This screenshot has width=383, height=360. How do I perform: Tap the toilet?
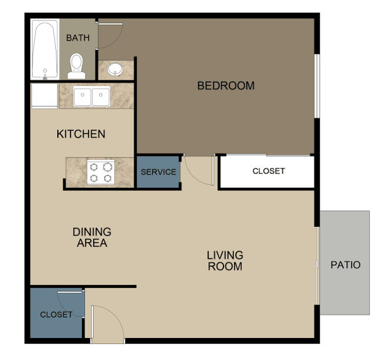coord(77,65)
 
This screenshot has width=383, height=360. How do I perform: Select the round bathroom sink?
coord(115,69)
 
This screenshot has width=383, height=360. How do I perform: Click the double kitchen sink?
coord(92,96)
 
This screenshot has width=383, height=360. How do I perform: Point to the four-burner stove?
coord(100,172)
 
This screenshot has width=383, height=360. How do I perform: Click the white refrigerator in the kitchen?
coord(44,96)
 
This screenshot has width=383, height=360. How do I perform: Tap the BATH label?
coord(78,38)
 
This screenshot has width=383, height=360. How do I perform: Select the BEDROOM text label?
coord(226,86)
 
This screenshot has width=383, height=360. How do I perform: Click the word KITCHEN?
coord(80,134)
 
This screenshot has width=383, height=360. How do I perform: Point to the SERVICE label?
coord(159,172)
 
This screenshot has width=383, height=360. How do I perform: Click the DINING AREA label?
coord(92,238)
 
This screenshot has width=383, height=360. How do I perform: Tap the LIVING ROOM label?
coord(225,260)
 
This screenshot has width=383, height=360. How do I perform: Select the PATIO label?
coord(345,265)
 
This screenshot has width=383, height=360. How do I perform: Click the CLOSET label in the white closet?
coord(269,171)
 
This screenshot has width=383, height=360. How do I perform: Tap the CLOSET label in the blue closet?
coord(57,315)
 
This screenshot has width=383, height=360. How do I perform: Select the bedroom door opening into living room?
coord(199,171)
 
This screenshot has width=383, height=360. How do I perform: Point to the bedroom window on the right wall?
coord(317,85)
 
